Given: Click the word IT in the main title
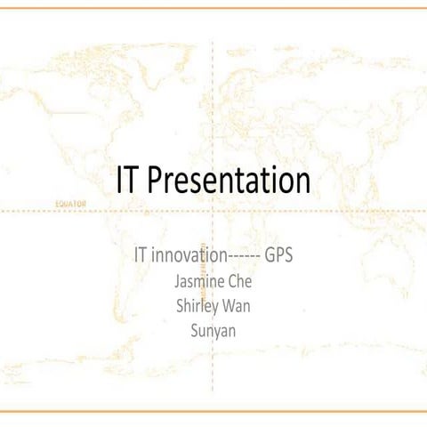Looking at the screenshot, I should point(128,181).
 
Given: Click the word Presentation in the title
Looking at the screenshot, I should point(229,181).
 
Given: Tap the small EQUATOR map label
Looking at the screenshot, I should point(70,203).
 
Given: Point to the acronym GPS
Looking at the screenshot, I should point(279,254).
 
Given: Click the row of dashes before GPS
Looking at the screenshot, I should point(244,255).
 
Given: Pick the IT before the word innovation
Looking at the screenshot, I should point(140,254).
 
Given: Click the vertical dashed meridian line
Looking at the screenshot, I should point(211,89).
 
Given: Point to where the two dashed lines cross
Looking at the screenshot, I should point(211,211).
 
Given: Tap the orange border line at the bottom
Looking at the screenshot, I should point(213,411).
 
